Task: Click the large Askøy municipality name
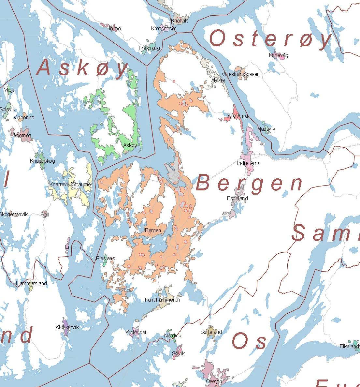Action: tap(82, 68)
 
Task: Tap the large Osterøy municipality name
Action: tap(270, 39)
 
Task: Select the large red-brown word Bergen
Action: tap(249, 183)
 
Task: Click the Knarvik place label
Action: tap(180, 21)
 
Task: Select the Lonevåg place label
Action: tap(279, 55)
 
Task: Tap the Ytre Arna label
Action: tap(238, 116)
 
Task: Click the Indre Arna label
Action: tap(249, 163)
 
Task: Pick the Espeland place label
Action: tap(238, 198)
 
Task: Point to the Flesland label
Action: tap(106, 258)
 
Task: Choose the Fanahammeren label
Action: tap(162, 300)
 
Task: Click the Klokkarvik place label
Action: tap(67, 327)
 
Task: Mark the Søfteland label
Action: tap(211, 332)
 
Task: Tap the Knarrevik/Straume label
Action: tap(70, 184)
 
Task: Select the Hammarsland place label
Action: tap(32, 283)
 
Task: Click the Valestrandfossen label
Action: tap(241, 74)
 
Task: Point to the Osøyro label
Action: tap(214, 381)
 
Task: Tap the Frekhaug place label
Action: tap(149, 48)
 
